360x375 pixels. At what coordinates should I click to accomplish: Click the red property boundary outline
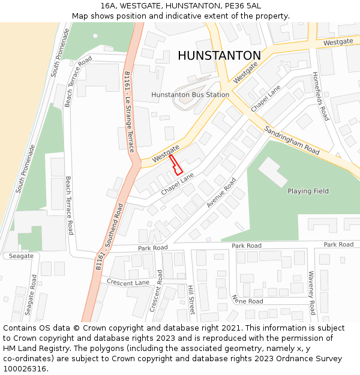(176, 164)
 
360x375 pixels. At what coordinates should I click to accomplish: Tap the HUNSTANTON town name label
(219, 56)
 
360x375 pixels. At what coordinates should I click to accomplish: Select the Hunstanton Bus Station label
(190, 95)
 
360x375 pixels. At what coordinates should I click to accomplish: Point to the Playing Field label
(308, 191)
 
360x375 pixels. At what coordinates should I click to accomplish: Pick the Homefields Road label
(320, 97)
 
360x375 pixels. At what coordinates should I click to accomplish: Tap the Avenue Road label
(221, 192)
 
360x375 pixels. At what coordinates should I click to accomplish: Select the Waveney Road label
(311, 293)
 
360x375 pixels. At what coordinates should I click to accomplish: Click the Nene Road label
(247, 299)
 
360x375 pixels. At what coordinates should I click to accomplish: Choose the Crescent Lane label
(128, 282)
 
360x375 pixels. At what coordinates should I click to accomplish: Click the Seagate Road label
(31, 294)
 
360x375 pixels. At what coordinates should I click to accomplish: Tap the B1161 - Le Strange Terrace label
(128, 112)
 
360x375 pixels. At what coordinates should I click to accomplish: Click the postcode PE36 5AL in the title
(242, 5)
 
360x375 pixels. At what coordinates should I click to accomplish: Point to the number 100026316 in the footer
(24, 369)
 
